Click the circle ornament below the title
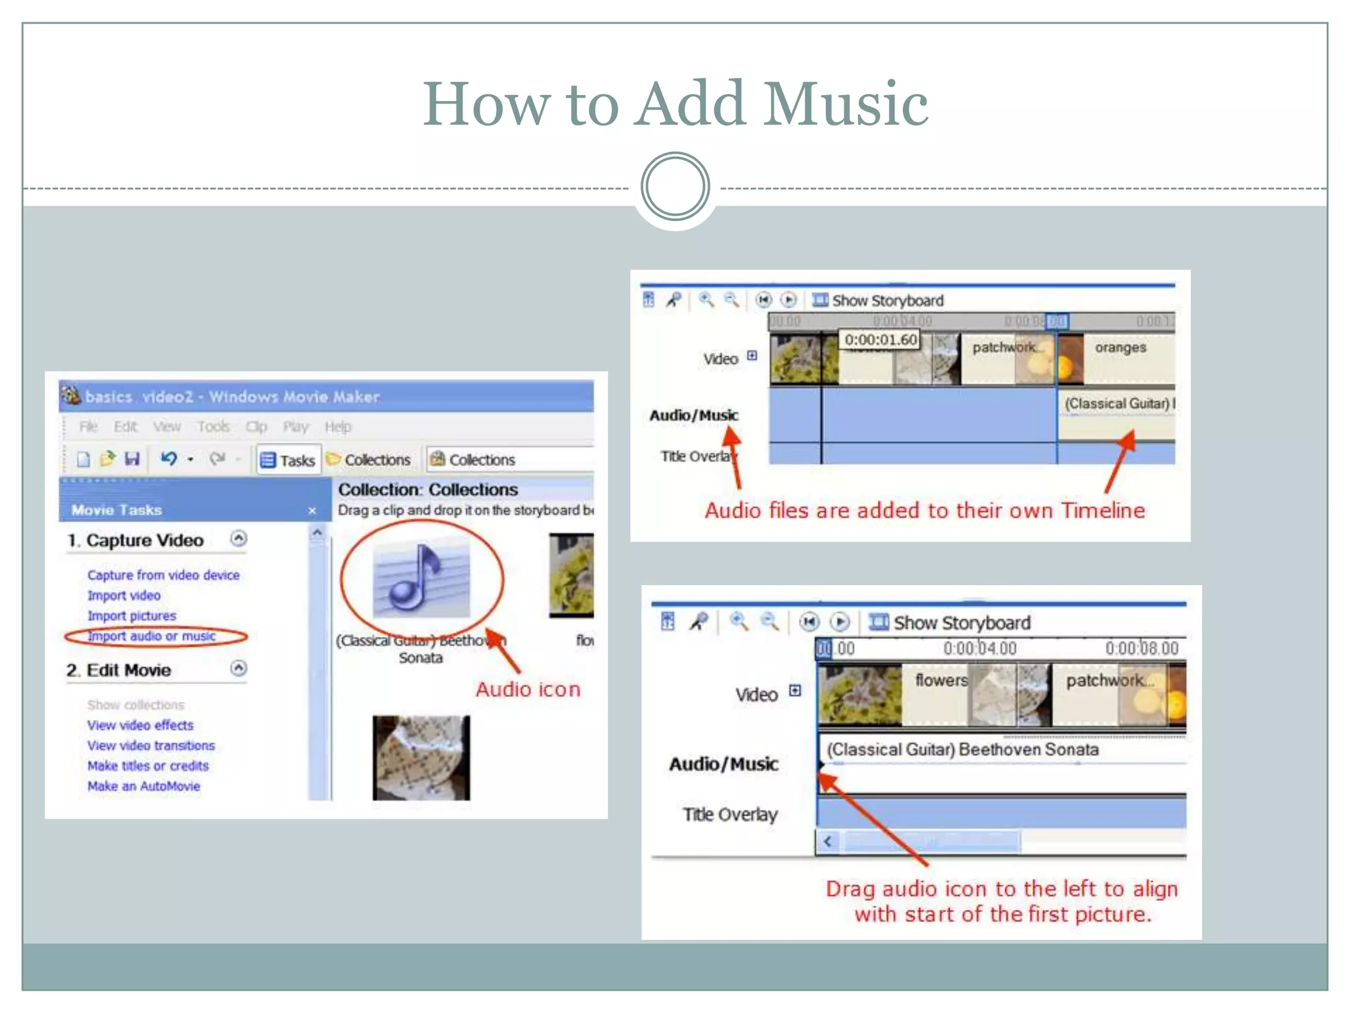675,187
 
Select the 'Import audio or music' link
152,636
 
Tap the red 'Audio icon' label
528,690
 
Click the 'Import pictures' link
132,616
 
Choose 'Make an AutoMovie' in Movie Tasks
144,786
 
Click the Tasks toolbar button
288,460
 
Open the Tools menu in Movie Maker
213,427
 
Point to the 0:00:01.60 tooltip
881,340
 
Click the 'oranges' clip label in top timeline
1120,348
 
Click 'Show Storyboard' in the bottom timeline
961,623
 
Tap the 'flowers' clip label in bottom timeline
941,680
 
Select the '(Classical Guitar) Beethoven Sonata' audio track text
962,750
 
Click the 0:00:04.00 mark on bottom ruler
980,649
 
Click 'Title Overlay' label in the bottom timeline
730,815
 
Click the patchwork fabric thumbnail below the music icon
421,758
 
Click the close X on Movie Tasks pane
312,511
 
